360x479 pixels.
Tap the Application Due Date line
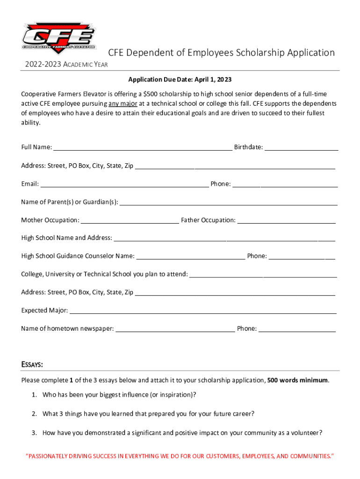click(180, 80)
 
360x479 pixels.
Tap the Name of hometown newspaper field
click(175, 330)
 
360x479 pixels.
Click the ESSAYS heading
click(32, 364)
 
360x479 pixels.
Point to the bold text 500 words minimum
click(297, 380)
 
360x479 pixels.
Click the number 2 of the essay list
click(34, 414)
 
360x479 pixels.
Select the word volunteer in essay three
click(304, 433)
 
